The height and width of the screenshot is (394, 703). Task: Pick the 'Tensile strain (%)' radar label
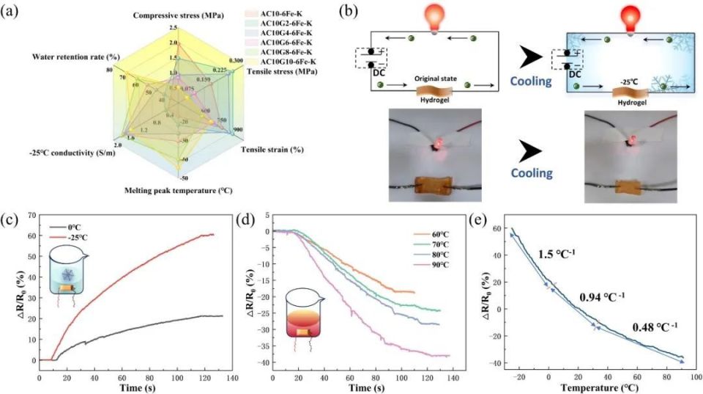pos(273,149)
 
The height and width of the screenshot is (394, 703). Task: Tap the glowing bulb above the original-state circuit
pos(435,20)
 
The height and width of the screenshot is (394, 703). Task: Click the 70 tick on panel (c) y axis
pos(31,215)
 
